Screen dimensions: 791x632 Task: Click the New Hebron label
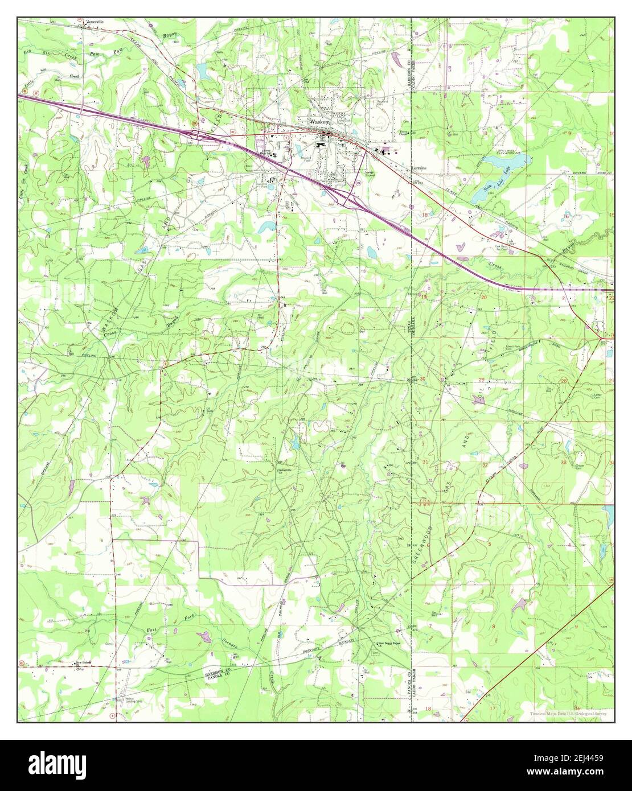click(84, 663)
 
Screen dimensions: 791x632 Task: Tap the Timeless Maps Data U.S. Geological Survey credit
click(568, 714)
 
